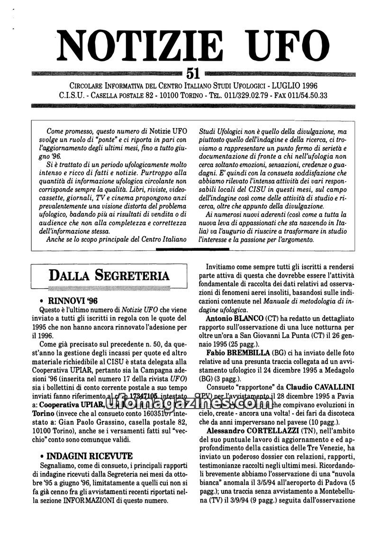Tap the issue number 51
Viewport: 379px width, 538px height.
(x=193, y=73)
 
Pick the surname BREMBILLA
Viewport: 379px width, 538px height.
(x=250, y=354)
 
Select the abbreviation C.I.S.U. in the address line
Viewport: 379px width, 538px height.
(x=72, y=95)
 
